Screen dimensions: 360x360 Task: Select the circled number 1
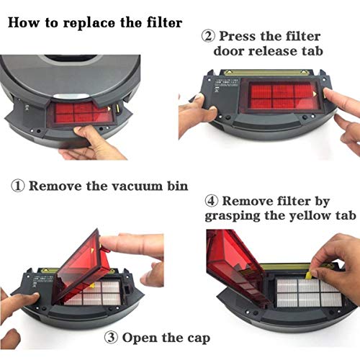pos(19,186)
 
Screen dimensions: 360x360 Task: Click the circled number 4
pos(213,201)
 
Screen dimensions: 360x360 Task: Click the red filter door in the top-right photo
pos(285,97)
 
